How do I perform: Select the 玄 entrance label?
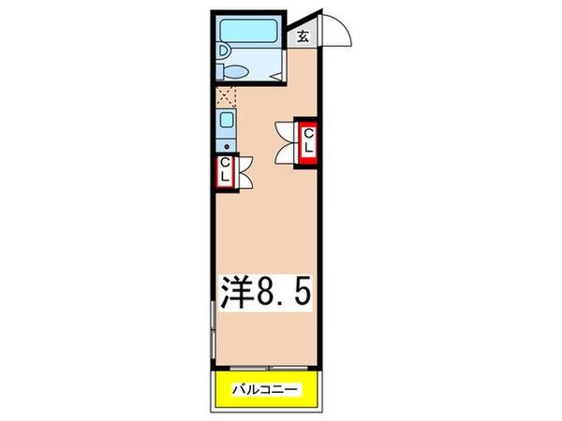pos(303,37)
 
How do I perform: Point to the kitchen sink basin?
pos(227,120)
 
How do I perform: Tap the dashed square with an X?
pos(227,94)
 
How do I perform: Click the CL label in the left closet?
pos(225,171)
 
